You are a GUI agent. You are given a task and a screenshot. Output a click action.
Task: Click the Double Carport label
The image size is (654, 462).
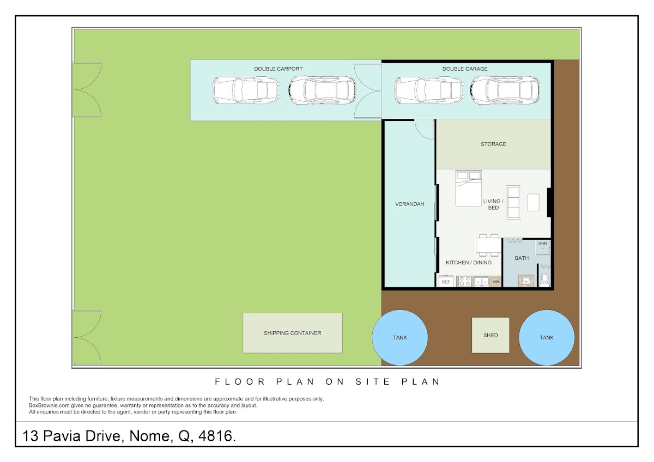click(278, 69)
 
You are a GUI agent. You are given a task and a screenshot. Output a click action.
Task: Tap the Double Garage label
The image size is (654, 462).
click(465, 69)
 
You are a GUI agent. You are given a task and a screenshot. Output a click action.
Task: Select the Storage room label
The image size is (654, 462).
click(493, 144)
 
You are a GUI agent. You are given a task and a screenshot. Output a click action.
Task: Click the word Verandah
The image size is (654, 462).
click(410, 204)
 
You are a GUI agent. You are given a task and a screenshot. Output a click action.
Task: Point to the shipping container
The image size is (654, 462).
click(293, 333)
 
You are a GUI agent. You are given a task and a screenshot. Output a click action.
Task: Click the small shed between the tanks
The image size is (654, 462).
click(491, 336)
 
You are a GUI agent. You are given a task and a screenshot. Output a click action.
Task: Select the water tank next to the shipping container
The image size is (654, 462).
click(399, 338)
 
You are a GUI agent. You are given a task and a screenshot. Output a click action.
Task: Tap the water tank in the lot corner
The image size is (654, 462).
click(547, 338)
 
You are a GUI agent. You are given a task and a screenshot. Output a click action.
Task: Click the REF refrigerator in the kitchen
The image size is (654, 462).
click(446, 281)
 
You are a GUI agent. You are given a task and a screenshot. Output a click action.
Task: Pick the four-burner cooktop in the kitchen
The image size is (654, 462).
click(464, 282)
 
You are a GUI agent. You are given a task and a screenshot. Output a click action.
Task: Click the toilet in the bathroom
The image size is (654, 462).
click(544, 280)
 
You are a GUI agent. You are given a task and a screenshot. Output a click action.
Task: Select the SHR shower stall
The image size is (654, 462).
click(543, 247)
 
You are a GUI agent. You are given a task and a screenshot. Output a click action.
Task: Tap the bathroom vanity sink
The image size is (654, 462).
click(526, 281)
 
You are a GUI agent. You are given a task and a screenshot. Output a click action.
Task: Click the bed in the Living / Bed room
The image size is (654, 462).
click(468, 189)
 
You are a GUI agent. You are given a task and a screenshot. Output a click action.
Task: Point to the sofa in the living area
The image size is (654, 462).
click(513, 202)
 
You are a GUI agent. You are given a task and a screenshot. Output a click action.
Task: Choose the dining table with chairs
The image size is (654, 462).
click(488, 245)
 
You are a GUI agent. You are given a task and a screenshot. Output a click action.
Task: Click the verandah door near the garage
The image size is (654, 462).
click(424, 130)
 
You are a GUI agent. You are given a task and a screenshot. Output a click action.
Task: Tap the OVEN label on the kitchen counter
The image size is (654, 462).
click(496, 282)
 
